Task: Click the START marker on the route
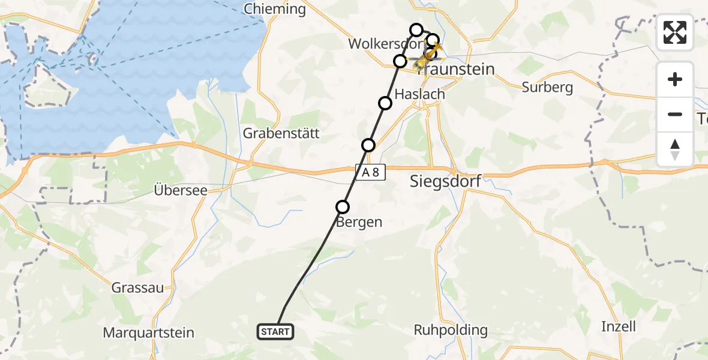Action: click(x=275, y=331)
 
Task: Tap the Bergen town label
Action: click(x=359, y=222)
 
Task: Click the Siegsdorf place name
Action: click(x=445, y=181)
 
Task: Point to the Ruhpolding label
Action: click(x=451, y=330)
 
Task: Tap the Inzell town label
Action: click(x=618, y=326)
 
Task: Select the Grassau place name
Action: click(x=137, y=287)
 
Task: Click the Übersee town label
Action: click(x=180, y=190)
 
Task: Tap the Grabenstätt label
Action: click(x=281, y=133)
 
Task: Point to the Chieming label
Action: click(x=275, y=9)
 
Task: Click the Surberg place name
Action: click(x=547, y=88)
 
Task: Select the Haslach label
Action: click(x=420, y=94)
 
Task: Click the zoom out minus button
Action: click(x=675, y=114)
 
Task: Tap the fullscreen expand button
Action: click(x=675, y=32)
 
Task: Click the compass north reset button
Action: click(x=675, y=149)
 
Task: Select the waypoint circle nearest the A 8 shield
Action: click(x=368, y=145)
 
